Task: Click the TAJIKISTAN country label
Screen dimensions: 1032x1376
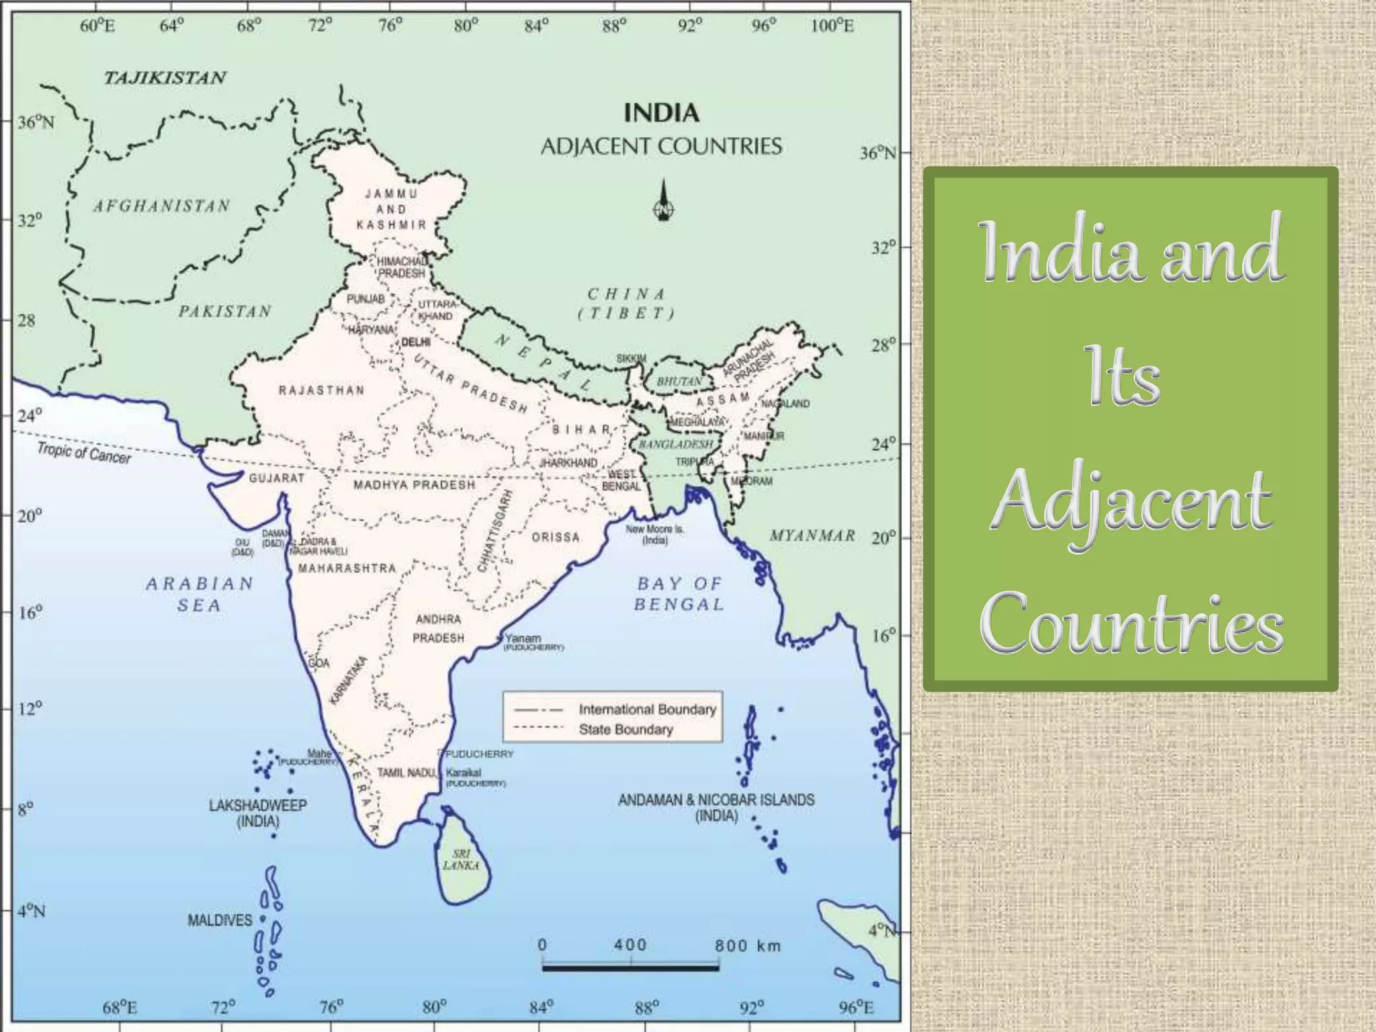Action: click(165, 78)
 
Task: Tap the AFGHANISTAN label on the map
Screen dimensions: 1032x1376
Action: click(162, 206)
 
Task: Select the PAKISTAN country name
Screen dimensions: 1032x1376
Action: click(225, 311)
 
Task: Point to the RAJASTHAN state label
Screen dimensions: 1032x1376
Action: click(322, 390)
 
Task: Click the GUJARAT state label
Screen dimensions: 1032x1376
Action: click(277, 478)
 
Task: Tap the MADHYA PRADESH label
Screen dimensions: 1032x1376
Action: click(415, 484)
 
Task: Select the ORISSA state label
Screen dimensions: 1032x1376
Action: click(556, 537)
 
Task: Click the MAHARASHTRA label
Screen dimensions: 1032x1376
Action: click(347, 568)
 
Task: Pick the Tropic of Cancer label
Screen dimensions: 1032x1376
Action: click(84, 453)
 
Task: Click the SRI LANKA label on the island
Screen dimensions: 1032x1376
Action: click(461, 860)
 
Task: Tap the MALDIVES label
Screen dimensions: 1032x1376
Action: click(220, 920)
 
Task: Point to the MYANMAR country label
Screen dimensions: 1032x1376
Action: click(812, 535)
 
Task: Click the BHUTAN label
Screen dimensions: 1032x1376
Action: click(679, 382)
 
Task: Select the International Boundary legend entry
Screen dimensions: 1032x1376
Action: click(647, 709)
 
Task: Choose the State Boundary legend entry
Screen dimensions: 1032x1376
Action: click(626, 729)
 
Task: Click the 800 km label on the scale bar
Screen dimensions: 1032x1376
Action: click(748, 945)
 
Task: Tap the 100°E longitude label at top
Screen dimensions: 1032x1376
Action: click(832, 26)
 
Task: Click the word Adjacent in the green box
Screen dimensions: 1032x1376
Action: click(1131, 502)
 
